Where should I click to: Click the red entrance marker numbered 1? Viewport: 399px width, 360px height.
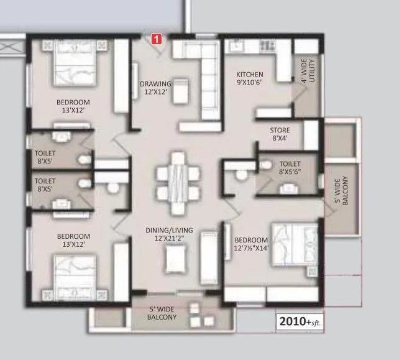click(157, 39)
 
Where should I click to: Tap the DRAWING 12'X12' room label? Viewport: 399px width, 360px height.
click(154, 88)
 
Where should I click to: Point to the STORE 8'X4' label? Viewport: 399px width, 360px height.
click(280, 134)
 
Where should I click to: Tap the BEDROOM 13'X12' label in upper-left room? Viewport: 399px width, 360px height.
click(73, 106)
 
